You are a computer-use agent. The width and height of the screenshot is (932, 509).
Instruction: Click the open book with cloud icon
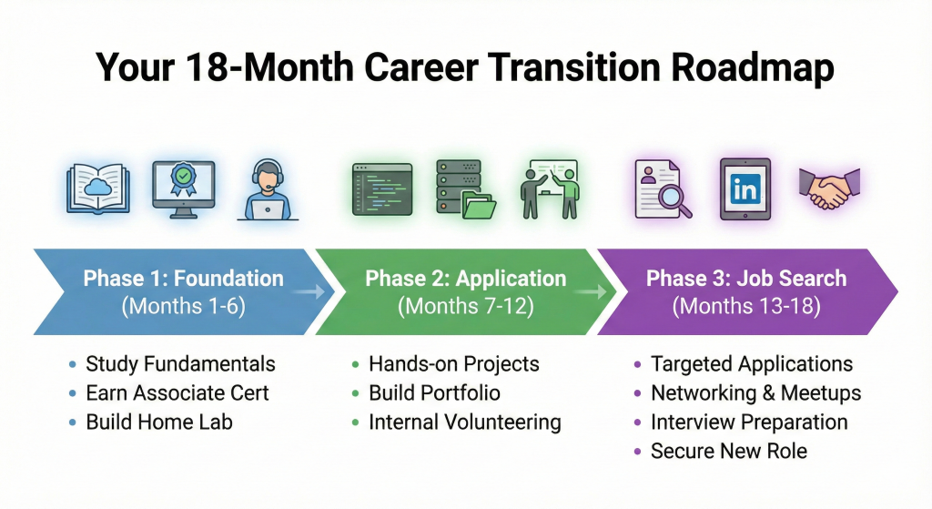click(98, 188)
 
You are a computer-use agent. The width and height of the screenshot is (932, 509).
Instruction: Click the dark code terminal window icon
click(381, 188)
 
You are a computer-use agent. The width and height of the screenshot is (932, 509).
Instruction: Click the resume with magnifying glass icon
click(659, 188)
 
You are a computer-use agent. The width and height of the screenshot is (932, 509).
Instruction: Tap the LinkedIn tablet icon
click(745, 188)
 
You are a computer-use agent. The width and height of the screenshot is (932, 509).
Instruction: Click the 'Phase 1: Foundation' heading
click(183, 279)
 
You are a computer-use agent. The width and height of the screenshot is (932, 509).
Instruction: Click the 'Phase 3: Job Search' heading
click(746, 279)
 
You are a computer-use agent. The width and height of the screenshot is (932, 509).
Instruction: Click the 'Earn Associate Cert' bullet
click(177, 393)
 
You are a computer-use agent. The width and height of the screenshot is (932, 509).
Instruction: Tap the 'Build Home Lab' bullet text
click(159, 422)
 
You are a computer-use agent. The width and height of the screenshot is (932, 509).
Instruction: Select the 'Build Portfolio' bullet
click(434, 393)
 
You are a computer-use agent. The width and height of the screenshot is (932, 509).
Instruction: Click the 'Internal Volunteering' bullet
click(464, 422)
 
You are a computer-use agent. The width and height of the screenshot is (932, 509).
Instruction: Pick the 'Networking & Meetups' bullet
click(755, 393)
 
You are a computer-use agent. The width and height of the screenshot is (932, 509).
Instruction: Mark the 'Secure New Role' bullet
click(728, 452)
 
